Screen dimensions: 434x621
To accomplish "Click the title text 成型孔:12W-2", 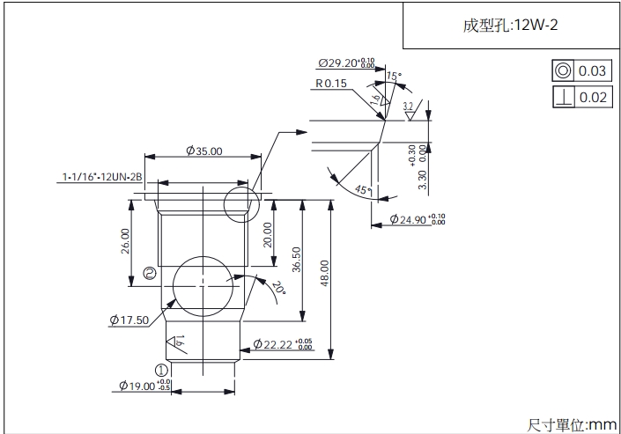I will pos(510,26).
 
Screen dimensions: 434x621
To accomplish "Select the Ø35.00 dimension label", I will pos(204,151).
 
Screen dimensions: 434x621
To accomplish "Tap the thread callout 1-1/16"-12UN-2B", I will pos(102,179).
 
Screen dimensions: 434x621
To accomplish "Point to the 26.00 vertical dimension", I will pos(125,240).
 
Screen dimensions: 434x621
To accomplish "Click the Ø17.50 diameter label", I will pos(129,320).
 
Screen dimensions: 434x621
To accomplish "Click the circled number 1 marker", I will pos(161,371).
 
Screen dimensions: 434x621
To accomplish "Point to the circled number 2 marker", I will pos(150,274).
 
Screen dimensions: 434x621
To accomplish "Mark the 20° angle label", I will pos(278,287).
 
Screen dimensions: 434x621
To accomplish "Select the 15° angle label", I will pos(394,77).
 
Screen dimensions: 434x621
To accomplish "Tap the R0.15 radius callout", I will pos(331,84).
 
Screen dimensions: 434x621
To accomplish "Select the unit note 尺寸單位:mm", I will pos(573,424).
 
